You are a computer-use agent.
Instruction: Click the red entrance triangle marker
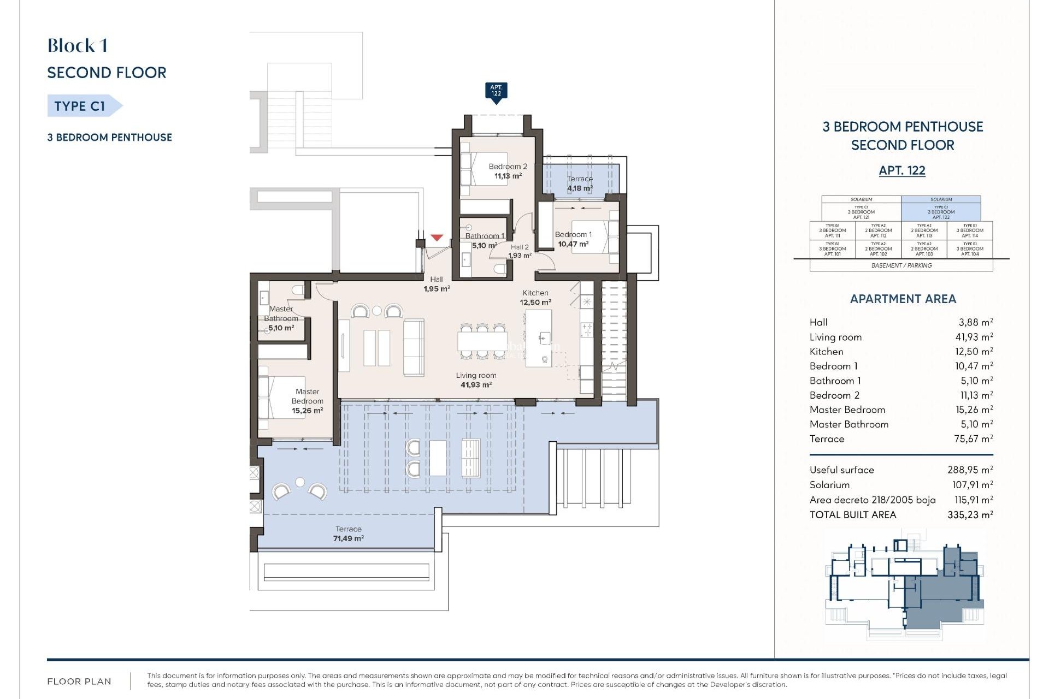click(436, 238)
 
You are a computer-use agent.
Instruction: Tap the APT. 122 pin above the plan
click(496, 91)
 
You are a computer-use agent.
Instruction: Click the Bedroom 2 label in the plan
click(508, 167)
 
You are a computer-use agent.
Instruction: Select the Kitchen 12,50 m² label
click(535, 298)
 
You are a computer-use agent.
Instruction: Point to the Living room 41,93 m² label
click(476, 380)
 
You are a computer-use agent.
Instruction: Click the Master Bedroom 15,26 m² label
click(307, 401)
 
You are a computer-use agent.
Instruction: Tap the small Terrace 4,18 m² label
click(580, 183)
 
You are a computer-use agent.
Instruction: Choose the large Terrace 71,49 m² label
click(349, 534)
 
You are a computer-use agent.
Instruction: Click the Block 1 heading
click(77, 46)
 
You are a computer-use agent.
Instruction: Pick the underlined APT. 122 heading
click(902, 170)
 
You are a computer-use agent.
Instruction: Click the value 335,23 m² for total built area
click(970, 514)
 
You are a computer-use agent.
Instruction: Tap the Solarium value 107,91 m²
click(972, 484)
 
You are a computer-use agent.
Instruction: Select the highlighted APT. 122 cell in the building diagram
click(941, 211)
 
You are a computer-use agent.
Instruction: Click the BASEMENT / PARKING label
click(901, 265)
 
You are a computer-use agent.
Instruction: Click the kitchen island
click(539, 338)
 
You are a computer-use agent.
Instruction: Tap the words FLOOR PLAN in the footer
click(79, 681)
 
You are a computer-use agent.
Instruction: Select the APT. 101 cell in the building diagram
click(832, 249)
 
